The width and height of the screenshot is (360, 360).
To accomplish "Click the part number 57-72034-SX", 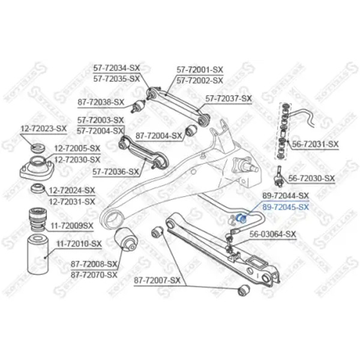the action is pyautogui.click(x=116, y=68).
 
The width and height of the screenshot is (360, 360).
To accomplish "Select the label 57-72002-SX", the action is pyautogui.click(x=200, y=80).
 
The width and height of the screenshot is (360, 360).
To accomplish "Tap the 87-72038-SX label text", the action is pyautogui.click(x=101, y=102).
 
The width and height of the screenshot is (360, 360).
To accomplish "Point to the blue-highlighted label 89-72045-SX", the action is pyautogui.click(x=286, y=208).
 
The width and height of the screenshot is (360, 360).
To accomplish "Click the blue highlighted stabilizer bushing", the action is pyautogui.click(x=241, y=218).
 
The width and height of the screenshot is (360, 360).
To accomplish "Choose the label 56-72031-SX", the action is pyautogui.click(x=315, y=144).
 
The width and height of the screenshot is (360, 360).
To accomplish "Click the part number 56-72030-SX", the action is pyautogui.click(x=311, y=178).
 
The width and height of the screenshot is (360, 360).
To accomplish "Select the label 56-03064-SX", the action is pyautogui.click(x=273, y=234).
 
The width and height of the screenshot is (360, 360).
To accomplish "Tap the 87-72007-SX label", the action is pyautogui.click(x=157, y=280).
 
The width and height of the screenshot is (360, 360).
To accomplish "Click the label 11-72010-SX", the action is pyautogui.click(x=79, y=244).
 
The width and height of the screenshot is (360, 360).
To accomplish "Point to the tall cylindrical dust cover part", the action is pyautogui.click(x=38, y=254).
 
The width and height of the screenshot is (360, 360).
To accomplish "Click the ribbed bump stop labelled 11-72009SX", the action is pyautogui.click(x=38, y=219).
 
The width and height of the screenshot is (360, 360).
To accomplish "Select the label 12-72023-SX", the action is pyautogui.click(x=44, y=128).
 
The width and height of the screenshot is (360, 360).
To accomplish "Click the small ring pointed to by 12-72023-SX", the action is pyautogui.click(x=38, y=148).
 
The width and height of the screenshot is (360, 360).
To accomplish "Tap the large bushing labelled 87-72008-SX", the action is pyautogui.click(x=125, y=239).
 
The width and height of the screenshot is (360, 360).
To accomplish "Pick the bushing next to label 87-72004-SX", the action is pyautogui.click(x=191, y=130).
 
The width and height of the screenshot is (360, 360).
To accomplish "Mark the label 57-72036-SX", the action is pyautogui.click(x=116, y=172).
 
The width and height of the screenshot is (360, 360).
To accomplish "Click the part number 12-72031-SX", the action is pyautogui.click(x=72, y=202).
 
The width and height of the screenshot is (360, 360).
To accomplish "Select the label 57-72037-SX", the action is pyautogui.click(x=229, y=99).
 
